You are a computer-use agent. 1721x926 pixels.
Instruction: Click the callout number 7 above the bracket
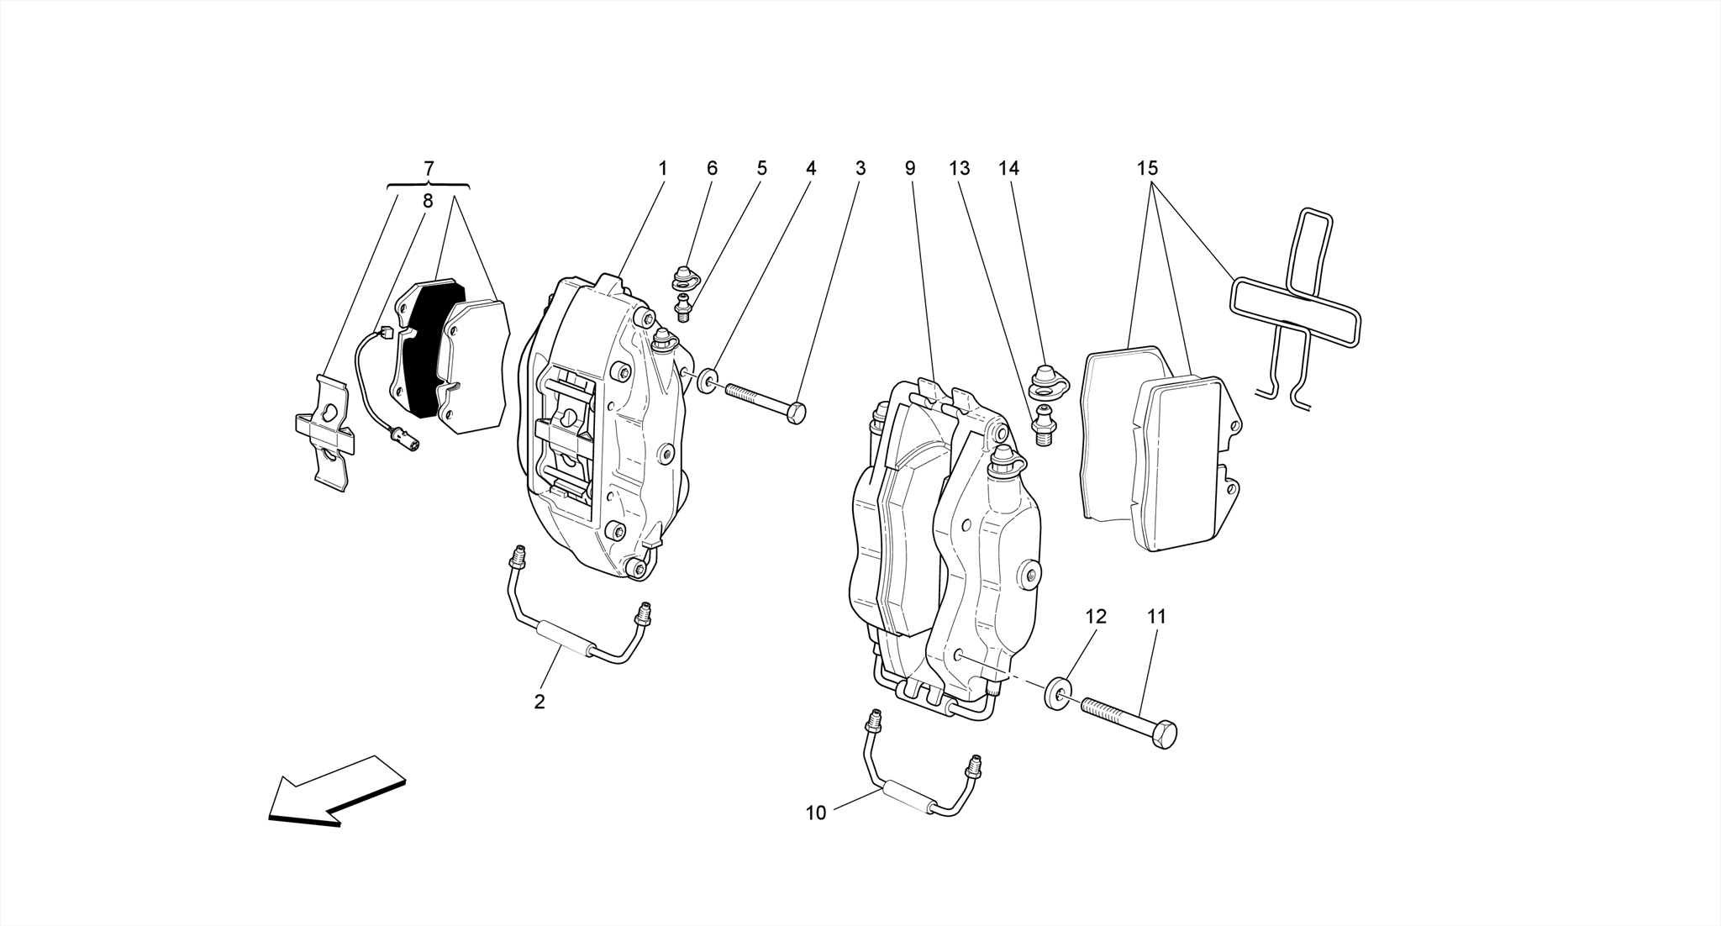429,168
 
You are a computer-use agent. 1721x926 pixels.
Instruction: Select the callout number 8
427,201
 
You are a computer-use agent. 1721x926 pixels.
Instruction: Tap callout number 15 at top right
1148,168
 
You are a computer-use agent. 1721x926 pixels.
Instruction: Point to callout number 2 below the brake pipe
539,702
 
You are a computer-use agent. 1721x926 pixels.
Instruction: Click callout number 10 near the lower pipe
816,813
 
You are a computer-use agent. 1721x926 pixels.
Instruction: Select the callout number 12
1095,616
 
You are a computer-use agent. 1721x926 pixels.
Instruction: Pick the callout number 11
1156,616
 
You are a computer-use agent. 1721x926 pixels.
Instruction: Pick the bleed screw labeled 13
1043,424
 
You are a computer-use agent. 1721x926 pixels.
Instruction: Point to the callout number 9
909,168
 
